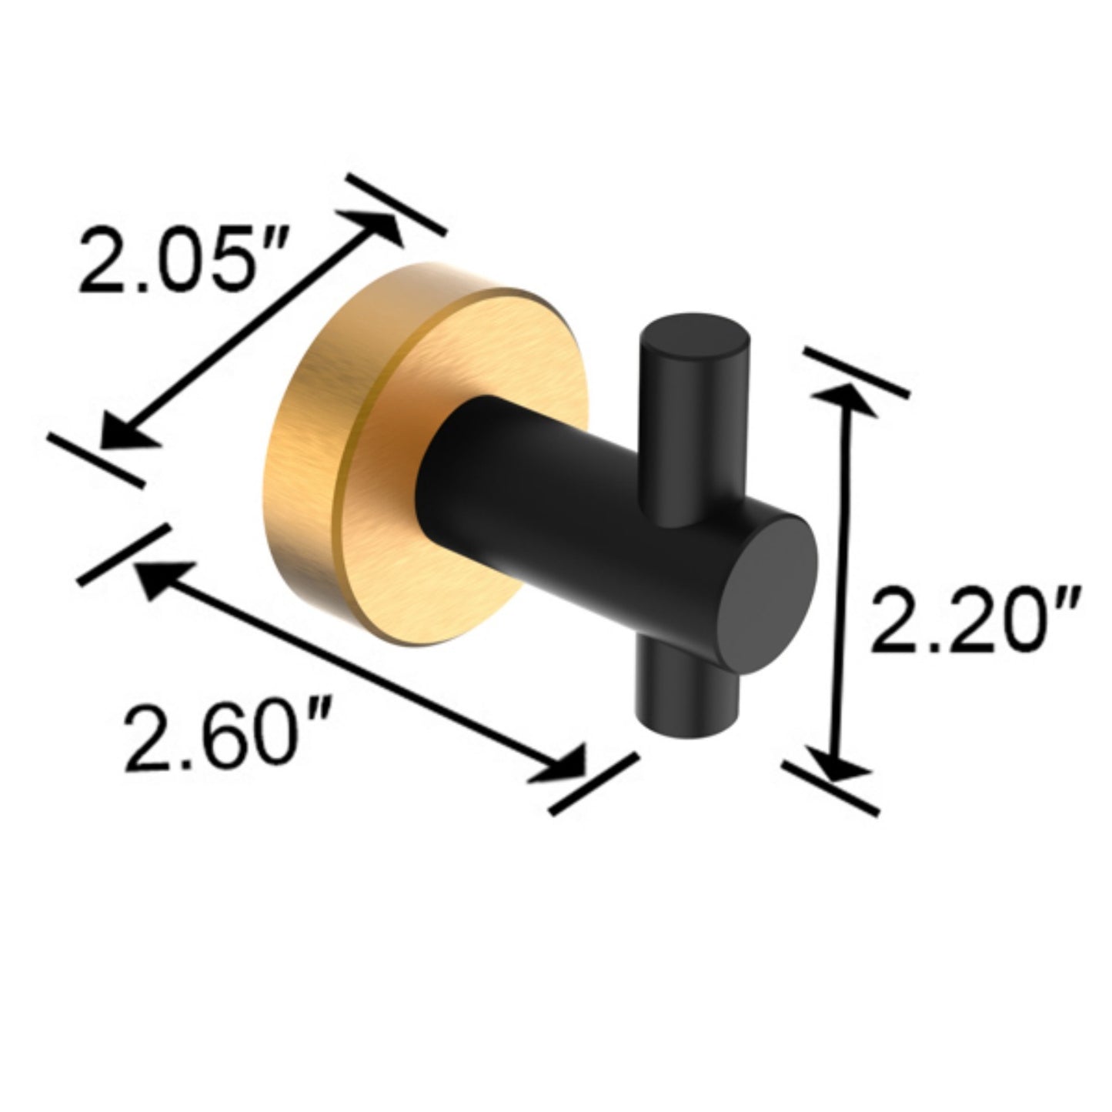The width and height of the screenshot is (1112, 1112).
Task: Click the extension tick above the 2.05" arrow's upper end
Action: coord(396,204)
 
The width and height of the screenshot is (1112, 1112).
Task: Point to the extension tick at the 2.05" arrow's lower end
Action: coord(95,459)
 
